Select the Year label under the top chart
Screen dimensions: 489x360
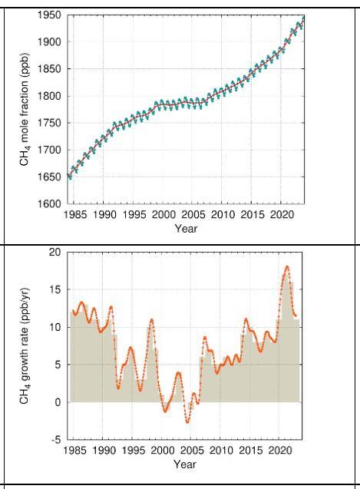click(186, 228)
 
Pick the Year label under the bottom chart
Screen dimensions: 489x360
click(186, 464)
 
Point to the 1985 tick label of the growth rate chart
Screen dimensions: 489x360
click(74, 451)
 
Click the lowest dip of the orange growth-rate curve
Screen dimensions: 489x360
click(187, 422)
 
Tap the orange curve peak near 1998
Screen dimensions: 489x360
click(152, 319)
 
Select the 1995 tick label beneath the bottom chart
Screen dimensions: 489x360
click(134, 451)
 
